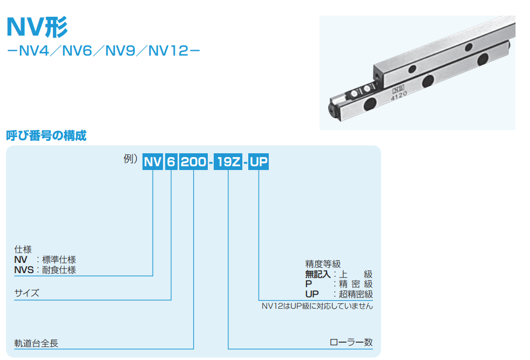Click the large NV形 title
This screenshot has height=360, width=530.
pyautogui.click(x=37, y=27)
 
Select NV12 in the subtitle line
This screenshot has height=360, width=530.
pyautogui.click(x=168, y=51)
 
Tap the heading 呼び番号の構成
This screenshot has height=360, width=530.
pyautogui.click(x=46, y=135)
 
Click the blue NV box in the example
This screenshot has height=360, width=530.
pyautogui.click(x=153, y=161)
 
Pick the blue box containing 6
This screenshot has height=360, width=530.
pyautogui.click(x=171, y=161)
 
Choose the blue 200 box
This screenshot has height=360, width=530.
pyautogui.click(x=193, y=161)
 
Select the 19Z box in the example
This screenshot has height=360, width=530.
pyautogui.click(x=228, y=161)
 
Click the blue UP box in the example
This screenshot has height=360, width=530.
pyautogui.click(x=259, y=161)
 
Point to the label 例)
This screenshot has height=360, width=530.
pyautogui.click(x=131, y=159)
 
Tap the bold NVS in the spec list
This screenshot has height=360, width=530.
pyautogui.click(x=24, y=270)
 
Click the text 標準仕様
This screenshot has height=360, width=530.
pyautogui.click(x=59, y=260)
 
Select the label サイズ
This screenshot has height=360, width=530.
pyautogui.click(x=26, y=293)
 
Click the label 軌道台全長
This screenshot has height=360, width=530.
pyautogui.click(x=36, y=343)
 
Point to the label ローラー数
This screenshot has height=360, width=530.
pyautogui.click(x=351, y=342)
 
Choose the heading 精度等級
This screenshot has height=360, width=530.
pyautogui.click(x=323, y=264)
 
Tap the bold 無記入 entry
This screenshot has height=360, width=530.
pyautogui.click(x=318, y=274)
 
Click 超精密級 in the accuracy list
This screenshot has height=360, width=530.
pyautogui.click(x=356, y=294)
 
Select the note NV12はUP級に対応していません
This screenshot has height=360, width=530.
pyautogui.click(x=317, y=306)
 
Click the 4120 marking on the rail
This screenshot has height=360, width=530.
pyautogui.click(x=399, y=96)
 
